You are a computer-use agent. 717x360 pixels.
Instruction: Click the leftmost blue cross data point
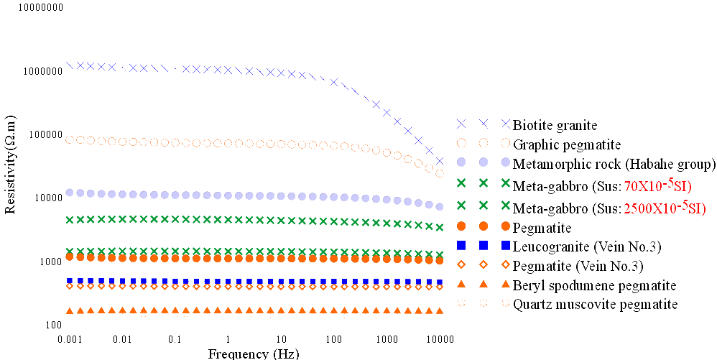click(x=70, y=65)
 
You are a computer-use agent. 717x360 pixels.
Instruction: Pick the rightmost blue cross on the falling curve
click(x=440, y=162)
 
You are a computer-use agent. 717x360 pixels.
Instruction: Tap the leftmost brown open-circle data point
click(x=70, y=139)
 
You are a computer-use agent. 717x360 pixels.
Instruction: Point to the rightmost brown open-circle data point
click(x=440, y=172)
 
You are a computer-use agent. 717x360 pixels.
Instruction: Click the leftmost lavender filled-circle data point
click(x=70, y=192)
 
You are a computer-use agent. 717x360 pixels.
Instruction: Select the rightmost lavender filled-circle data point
click(x=440, y=207)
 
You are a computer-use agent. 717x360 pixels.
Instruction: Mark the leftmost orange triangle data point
click(x=70, y=311)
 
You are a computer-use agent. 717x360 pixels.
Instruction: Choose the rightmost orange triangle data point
click(x=440, y=311)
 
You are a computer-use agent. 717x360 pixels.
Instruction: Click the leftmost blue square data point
click(x=70, y=281)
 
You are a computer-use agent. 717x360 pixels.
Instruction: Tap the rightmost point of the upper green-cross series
click(x=440, y=227)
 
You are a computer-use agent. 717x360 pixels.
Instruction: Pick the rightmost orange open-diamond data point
click(x=440, y=286)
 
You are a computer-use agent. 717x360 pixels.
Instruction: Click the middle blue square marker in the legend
click(x=484, y=246)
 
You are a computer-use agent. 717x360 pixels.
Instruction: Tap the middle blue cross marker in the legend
click(x=484, y=123)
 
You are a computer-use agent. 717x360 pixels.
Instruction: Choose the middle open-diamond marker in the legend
click(x=484, y=265)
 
